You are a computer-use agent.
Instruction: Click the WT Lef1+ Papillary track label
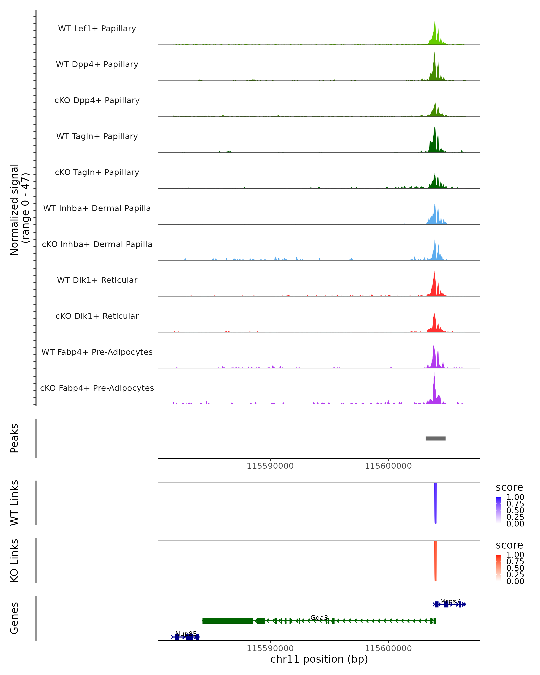click(x=97, y=29)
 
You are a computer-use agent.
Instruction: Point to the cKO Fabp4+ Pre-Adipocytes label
click(x=97, y=388)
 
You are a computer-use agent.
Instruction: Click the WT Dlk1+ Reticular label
click(x=97, y=280)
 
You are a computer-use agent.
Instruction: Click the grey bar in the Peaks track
click(x=435, y=438)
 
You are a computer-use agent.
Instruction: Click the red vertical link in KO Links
click(x=435, y=561)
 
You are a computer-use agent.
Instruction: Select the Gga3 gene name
click(x=319, y=617)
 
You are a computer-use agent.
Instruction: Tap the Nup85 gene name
click(x=186, y=634)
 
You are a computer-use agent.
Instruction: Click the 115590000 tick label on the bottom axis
click(x=270, y=648)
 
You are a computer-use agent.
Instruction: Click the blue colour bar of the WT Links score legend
click(x=498, y=510)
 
